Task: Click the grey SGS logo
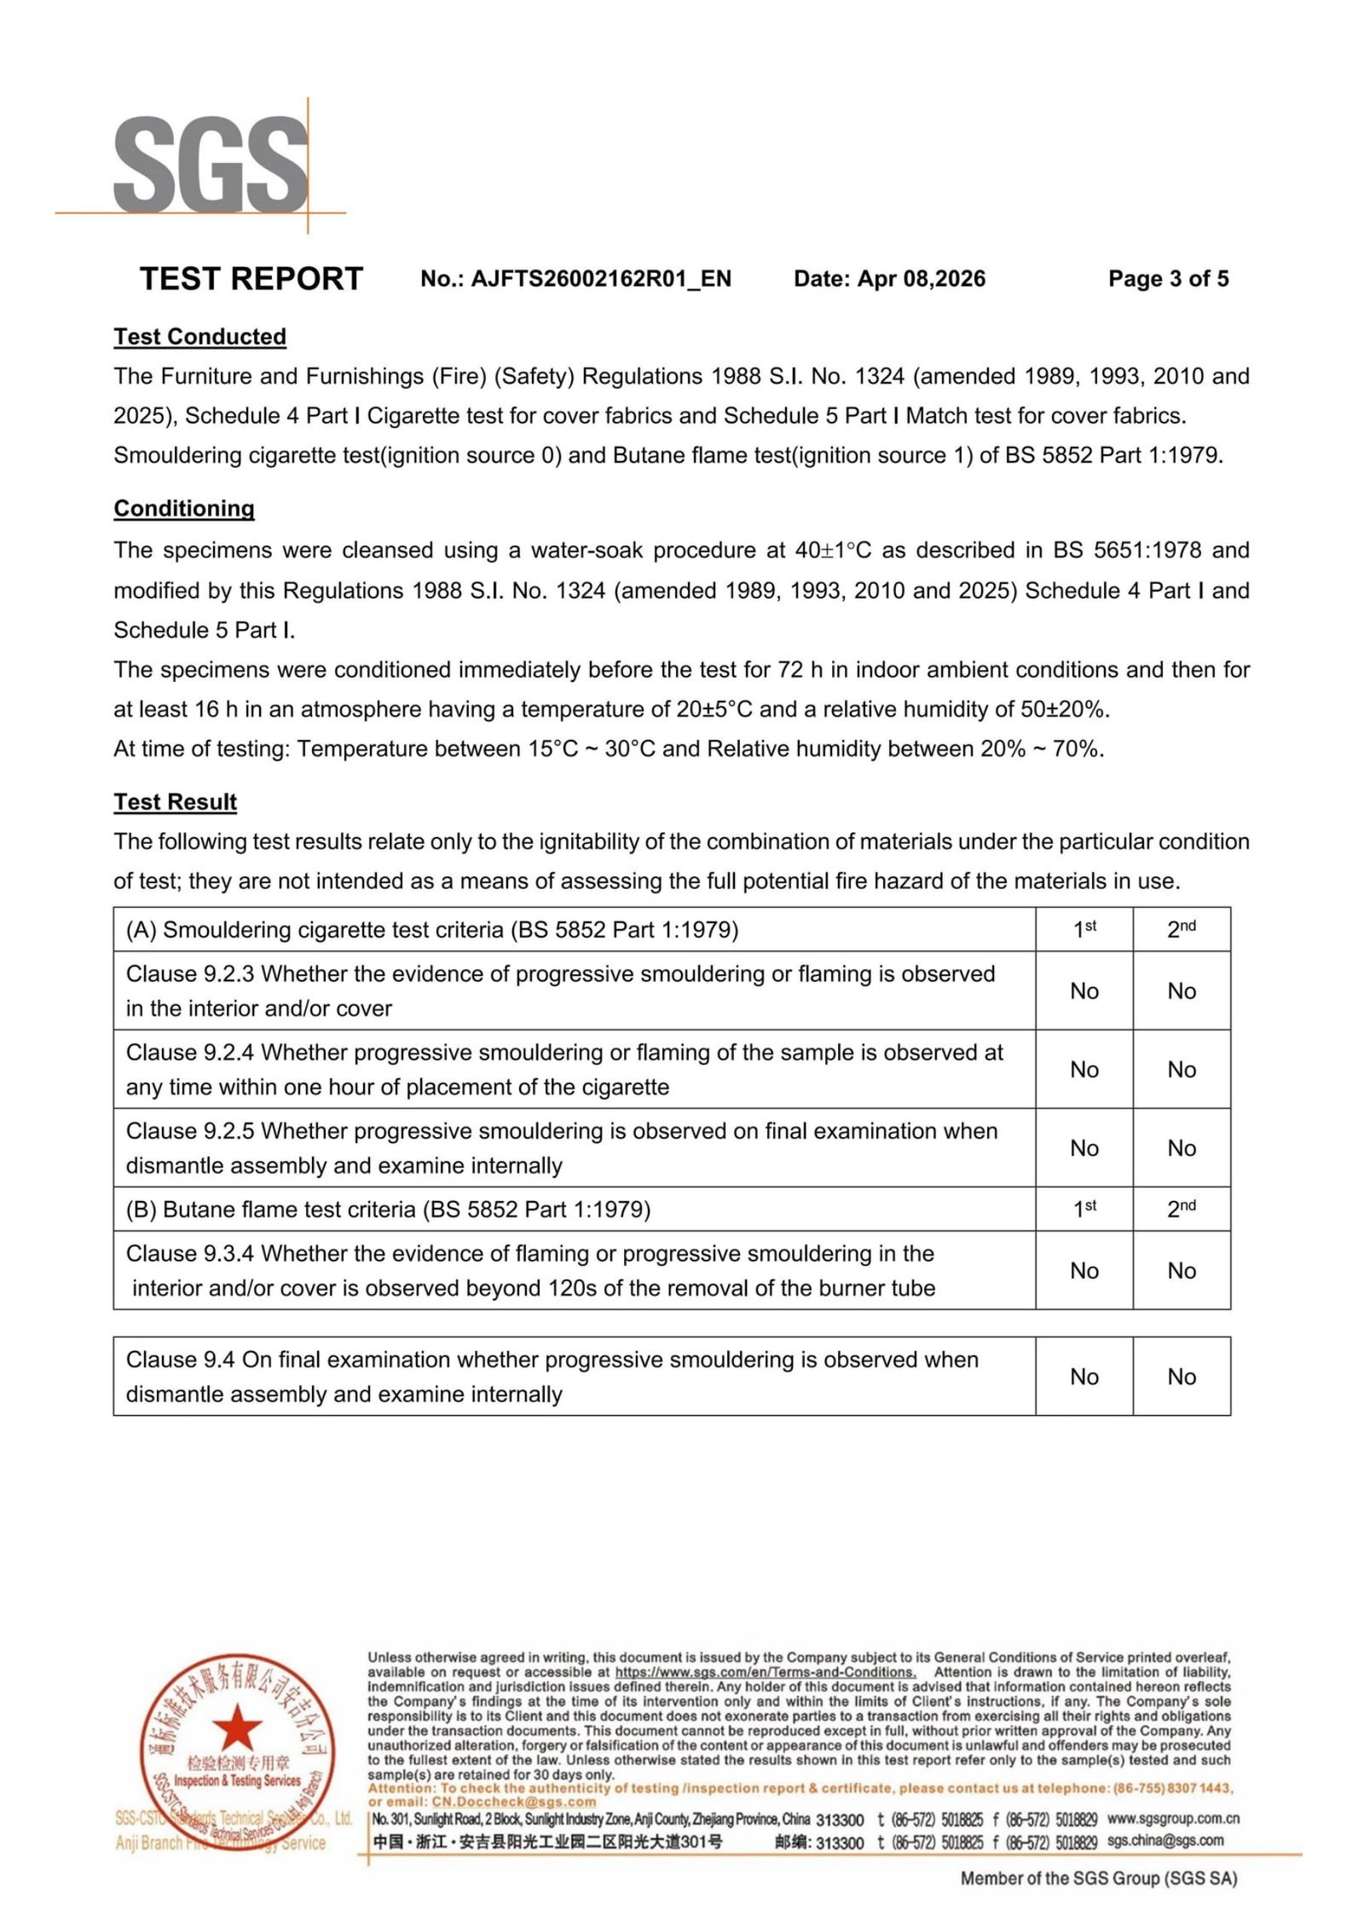(211, 165)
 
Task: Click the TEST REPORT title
(251, 279)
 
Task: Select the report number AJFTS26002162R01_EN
(601, 279)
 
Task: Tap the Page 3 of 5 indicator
(1168, 279)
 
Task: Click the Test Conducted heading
(200, 337)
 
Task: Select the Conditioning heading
(184, 509)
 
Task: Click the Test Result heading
(176, 802)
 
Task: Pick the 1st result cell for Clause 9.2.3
(1084, 991)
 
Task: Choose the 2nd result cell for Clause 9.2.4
(1182, 1070)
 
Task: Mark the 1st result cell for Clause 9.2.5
(1084, 1148)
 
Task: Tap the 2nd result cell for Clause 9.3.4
(1182, 1271)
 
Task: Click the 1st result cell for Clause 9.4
(1084, 1377)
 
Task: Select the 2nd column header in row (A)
(1182, 929)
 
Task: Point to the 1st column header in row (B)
(1084, 1209)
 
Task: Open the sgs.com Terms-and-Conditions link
(765, 1672)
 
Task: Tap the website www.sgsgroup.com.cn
(1173, 1819)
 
